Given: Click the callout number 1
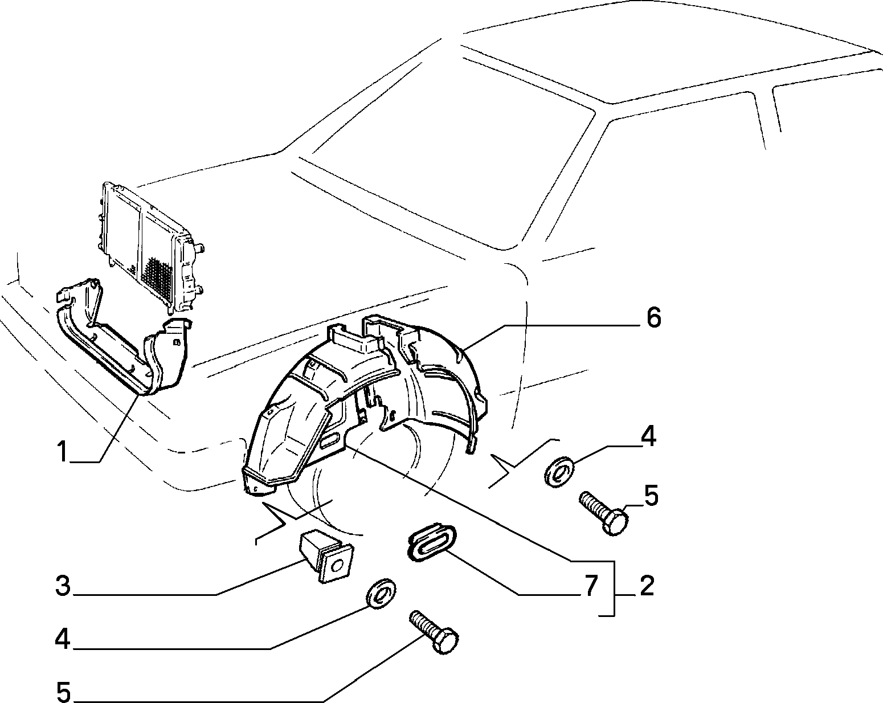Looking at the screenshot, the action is coord(62,452).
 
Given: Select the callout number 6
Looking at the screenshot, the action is coord(653,318).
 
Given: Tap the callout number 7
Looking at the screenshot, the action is coord(590,586).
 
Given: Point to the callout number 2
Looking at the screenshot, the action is coord(647,586).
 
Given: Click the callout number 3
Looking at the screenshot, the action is coord(63,586).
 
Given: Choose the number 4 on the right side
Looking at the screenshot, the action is coord(648,436).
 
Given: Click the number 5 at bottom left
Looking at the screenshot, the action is coord(64,692).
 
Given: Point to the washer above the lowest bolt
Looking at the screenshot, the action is coord(381,594).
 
